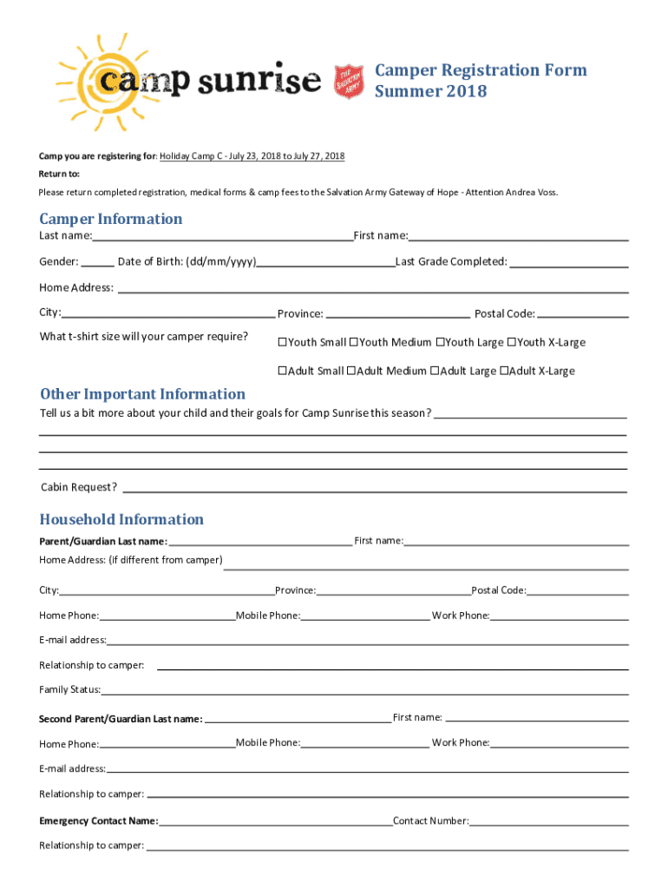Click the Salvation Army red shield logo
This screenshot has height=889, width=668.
point(348,81)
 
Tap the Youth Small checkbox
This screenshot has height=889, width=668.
point(282,342)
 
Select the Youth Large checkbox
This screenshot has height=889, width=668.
point(440,342)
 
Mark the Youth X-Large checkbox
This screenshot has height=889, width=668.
point(512,342)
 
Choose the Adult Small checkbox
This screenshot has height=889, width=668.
point(282,371)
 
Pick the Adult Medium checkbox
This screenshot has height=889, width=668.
point(350,371)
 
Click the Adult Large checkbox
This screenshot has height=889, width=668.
point(434,371)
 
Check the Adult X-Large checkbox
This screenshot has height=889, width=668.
point(504,371)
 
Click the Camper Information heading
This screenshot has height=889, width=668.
point(111,219)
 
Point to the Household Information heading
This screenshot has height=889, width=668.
point(121,519)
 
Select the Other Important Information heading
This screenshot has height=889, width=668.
point(143,394)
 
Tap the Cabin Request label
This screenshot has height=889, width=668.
point(79,487)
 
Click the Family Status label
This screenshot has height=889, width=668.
point(70,690)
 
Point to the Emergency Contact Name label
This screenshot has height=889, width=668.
point(99,820)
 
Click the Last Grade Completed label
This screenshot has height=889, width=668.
point(451,261)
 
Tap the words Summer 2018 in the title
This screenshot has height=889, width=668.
point(430,91)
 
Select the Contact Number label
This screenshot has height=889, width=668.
point(431,820)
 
